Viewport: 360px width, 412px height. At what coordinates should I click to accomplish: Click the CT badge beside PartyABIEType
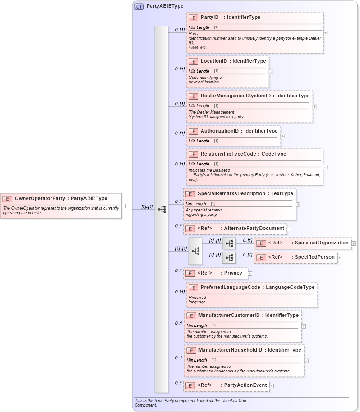pos(139,7)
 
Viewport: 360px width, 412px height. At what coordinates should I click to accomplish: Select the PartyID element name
pos(209,18)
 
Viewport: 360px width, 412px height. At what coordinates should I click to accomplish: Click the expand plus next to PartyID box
pos(326,33)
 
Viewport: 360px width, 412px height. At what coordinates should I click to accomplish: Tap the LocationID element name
pos(214,61)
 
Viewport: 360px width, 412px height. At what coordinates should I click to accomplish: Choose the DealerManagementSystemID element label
pos(235,96)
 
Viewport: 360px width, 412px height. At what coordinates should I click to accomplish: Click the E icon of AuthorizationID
pos(193,131)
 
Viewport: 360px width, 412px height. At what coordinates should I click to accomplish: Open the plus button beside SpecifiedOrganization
pos(354,243)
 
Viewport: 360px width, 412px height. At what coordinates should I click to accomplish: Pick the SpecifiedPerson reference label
pos(315,257)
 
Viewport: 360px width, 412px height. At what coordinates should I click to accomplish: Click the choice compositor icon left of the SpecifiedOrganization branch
pos(195,251)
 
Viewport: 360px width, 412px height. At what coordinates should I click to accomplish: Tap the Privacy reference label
pos(233,273)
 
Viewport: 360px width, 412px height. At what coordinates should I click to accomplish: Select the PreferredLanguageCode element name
pos(230,287)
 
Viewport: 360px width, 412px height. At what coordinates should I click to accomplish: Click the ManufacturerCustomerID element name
pos(229,315)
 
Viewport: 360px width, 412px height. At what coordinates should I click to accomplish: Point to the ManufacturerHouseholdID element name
pos(230,350)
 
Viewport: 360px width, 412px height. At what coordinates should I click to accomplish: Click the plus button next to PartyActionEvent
pos(272,386)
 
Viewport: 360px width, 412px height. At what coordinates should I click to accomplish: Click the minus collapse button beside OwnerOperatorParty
pos(124,206)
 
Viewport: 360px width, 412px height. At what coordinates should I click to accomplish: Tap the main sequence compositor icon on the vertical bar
pos(162,209)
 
